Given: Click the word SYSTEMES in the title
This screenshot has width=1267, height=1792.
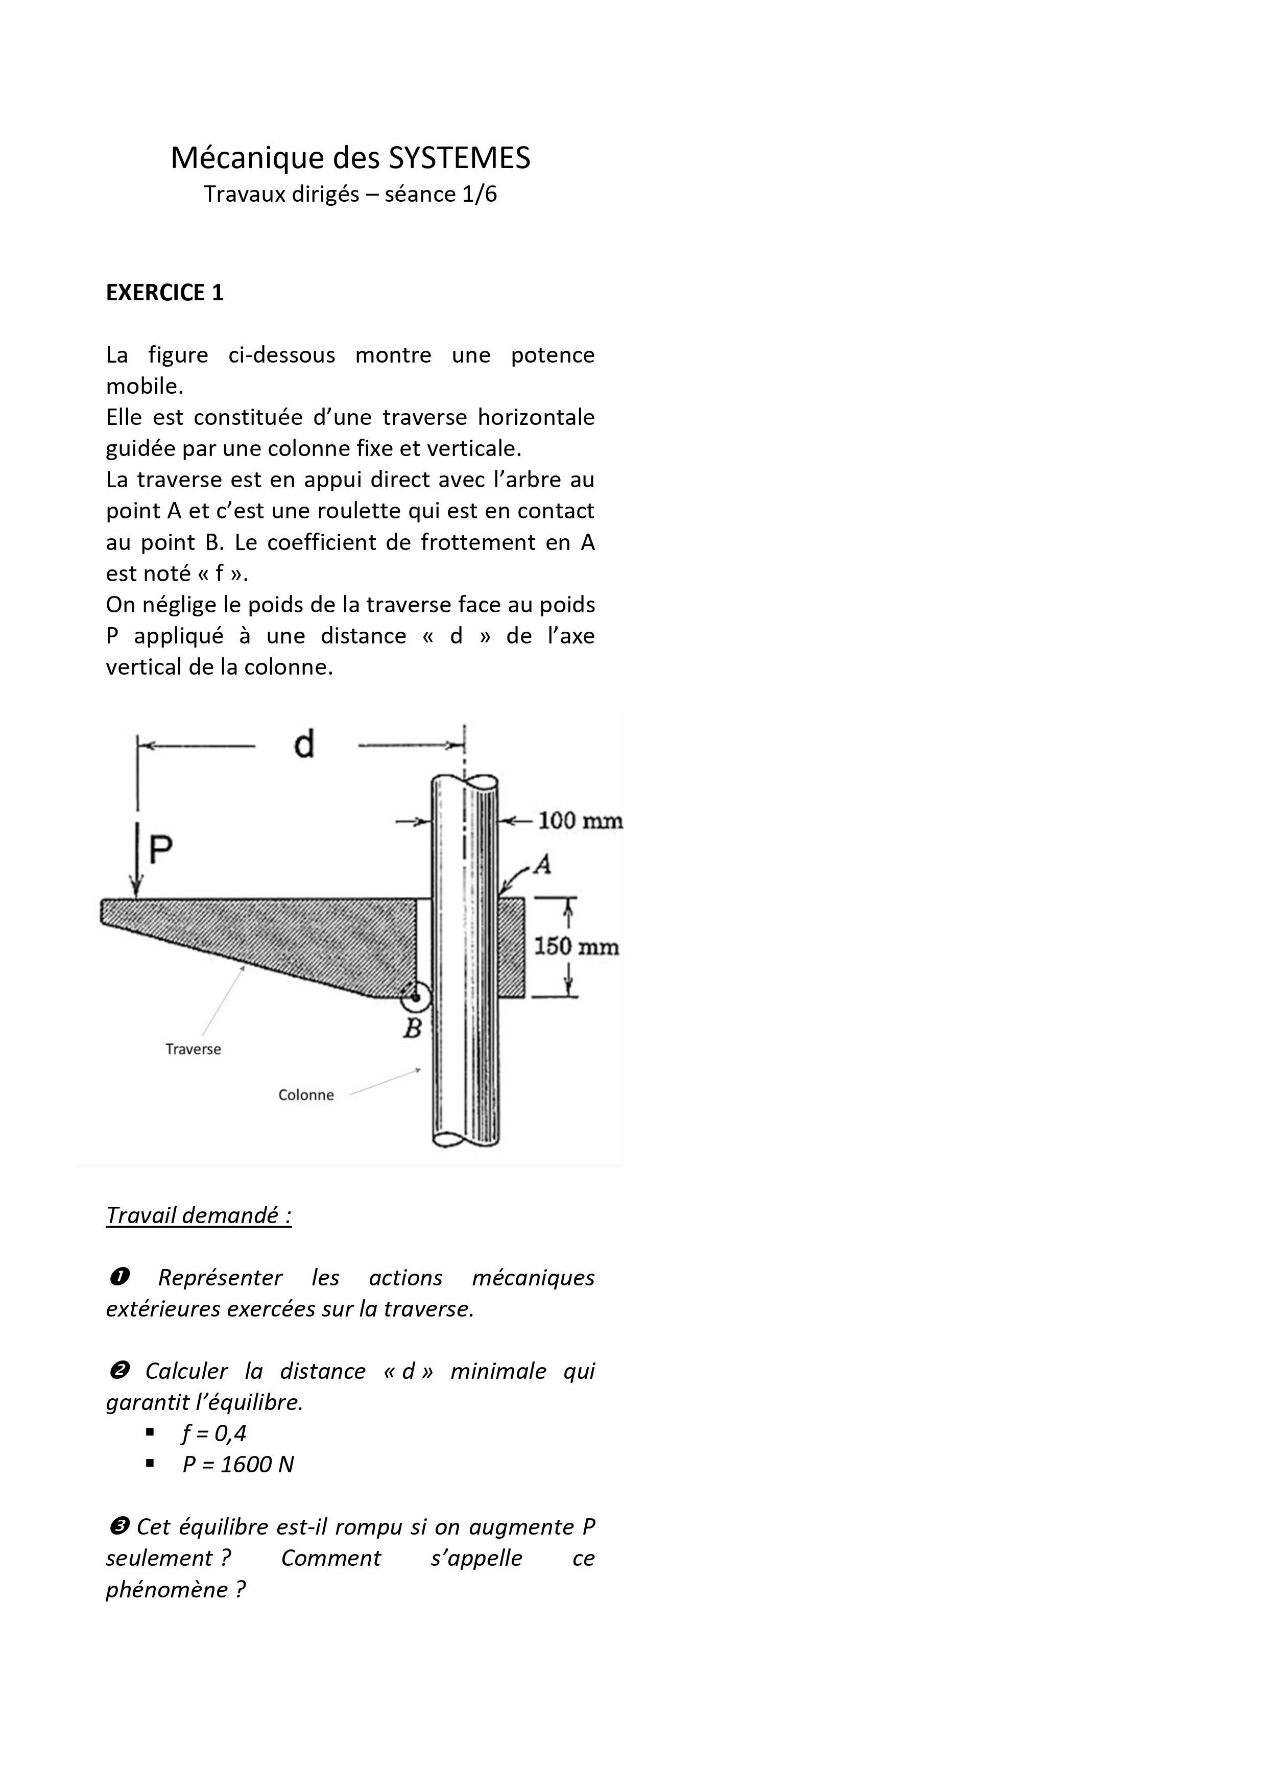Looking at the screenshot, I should click(459, 158).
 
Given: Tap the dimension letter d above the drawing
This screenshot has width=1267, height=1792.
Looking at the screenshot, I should click(304, 744).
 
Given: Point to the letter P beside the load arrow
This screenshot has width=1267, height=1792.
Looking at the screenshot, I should click(161, 849).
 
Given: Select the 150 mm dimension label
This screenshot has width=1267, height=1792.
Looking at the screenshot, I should click(576, 947).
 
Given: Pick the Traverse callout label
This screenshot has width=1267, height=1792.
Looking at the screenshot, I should click(193, 1050).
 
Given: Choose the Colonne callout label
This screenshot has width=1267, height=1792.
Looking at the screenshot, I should click(306, 1095).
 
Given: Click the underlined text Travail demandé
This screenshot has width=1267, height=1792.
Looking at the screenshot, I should click(198, 1215).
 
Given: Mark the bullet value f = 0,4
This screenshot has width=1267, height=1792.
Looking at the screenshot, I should click(213, 1433).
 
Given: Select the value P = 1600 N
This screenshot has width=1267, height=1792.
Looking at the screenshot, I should click(238, 1464).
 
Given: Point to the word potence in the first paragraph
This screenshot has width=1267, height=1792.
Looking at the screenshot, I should click(552, 355).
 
